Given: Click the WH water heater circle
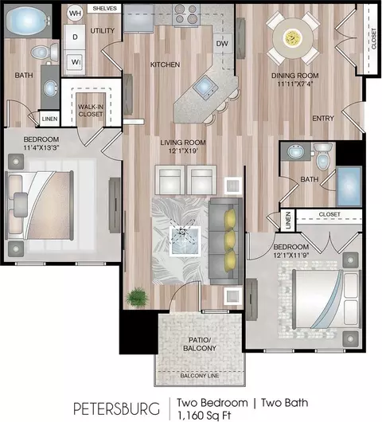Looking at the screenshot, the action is (x=75, y=13).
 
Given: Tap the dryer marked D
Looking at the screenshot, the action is (x=75, y=37).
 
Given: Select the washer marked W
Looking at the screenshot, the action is (x=75, y=62).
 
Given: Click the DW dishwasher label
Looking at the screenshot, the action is (x=222, y=44).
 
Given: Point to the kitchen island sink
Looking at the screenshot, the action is (x=205, y=87).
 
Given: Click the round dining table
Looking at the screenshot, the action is (x=293, y=38).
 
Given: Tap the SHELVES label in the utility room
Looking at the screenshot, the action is (x=104, y=8).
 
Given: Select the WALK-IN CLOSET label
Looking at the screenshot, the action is (x=91, y=111).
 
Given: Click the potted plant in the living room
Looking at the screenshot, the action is (x=138, y=298).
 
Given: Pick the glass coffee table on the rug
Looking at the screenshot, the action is (x=185, y=241).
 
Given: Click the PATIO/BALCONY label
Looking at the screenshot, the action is (x=200, y=344).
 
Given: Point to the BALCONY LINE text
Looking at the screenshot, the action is (x=200, y=376).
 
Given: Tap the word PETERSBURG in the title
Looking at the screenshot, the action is (x=116, y=408).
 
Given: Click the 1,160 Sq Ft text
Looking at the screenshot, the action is (x=204, y=416).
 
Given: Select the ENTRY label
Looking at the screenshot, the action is (x=323, y=118).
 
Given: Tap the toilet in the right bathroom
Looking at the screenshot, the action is (x=323, y=156).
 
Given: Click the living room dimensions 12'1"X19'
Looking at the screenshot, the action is (x=183, y=150).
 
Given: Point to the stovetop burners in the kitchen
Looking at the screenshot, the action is (x=185, y=14).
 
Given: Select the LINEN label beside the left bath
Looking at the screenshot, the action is (x=49, y=119).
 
